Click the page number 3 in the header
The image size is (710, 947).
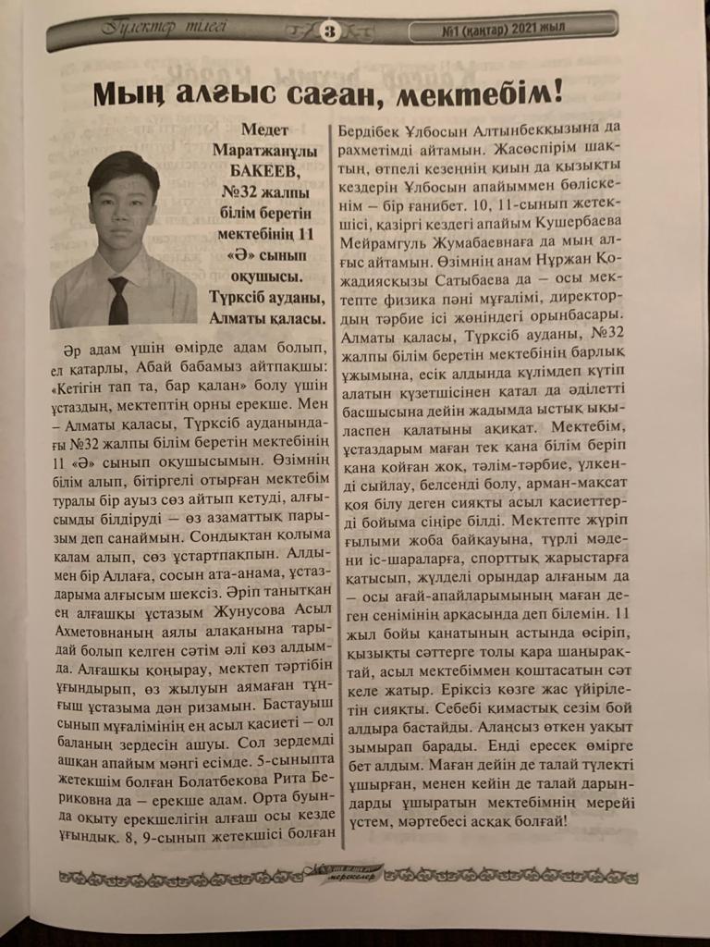pyautogui.click(x=329, y=31)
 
